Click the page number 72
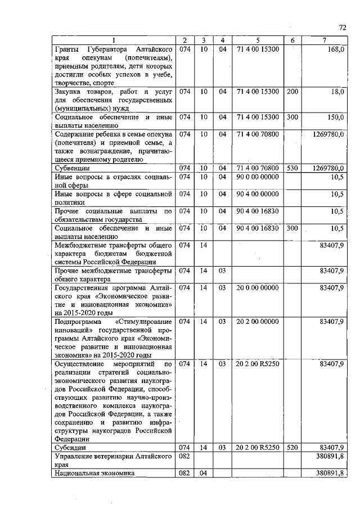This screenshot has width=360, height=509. pyautogui.click(x=342, y=27)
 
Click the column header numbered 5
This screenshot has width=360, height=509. pyautogui.click(x=257, y=40)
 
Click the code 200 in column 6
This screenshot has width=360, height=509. pyautogui.click(x=292, y=91)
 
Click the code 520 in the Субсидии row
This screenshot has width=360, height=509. pyautogui.click(x=292, y=448)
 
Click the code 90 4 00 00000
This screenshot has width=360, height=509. pyautogui.click(x=257, y=194)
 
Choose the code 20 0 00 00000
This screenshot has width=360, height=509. pyautogui.click(x=257, y=287)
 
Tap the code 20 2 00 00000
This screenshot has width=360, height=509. pyautogui.click(x=257, y=322)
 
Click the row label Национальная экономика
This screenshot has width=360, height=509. pyautogui.click(x=94, y=474)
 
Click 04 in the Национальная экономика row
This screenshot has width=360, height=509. pyautogui.click(x=204, y=474)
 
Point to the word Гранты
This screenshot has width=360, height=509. pyautogui.click(x=69, y=49)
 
